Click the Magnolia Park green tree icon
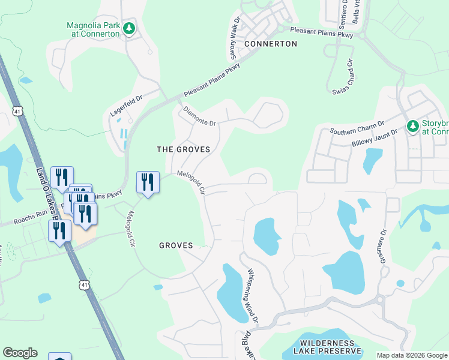click(x=128, y=28)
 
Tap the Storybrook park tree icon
click(x=412, y=126)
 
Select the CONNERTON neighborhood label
click(x=271, y=44)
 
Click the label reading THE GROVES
click(x=183, y=149)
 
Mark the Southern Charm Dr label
click(x=357, y=128)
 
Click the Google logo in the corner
click(x=20, y=353)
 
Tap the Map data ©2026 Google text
click(x=412, y=355)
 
